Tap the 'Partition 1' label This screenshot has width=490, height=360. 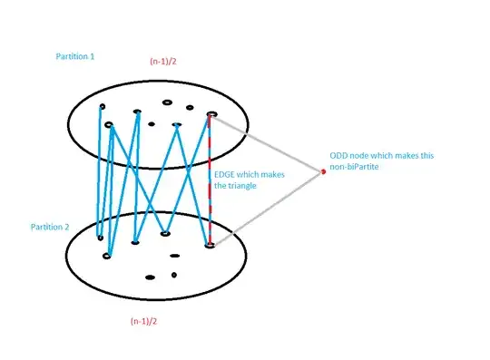75,56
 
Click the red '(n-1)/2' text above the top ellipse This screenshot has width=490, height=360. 168,62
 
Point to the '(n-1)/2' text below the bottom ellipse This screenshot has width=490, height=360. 148,322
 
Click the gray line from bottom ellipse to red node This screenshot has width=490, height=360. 268,208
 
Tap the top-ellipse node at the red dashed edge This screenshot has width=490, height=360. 211,115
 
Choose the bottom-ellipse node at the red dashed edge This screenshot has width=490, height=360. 210,245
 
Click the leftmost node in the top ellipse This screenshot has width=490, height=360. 102,107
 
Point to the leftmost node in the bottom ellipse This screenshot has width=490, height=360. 100,238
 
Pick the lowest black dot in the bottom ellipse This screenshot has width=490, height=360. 149,277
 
